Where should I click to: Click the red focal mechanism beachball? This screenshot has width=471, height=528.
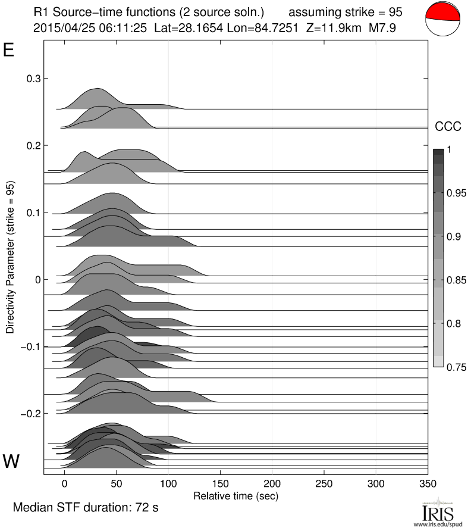[x=443, y=21]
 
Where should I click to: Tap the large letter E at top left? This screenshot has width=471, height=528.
[x=9, y=50]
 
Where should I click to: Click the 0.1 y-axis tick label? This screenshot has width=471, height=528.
[x=33, y=213]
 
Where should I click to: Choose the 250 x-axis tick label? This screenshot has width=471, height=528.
[x=324, y=483]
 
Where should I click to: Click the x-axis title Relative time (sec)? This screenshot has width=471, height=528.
[x=235, y=495]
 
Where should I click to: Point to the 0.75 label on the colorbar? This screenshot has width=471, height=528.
[x=456, y=366]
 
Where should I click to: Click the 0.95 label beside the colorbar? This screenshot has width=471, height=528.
[x=456, y=193]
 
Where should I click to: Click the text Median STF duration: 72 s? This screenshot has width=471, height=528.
[x=85, y=508]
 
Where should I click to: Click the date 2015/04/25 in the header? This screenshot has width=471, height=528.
[x=61, y=27]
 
